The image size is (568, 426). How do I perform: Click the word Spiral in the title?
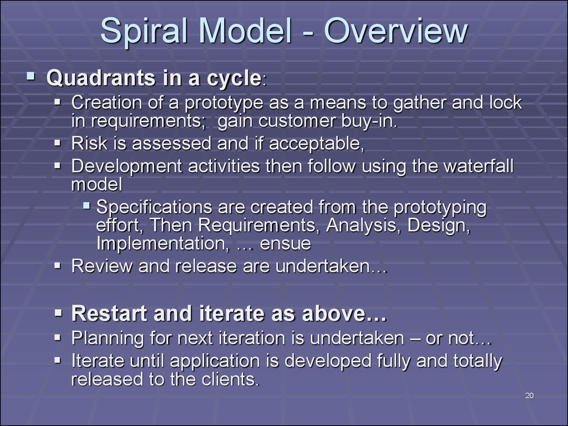click(144, 32)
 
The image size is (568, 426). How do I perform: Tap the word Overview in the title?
click(395, 31)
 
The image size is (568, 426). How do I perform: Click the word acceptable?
click(317, 144)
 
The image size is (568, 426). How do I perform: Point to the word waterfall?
click(478, 166)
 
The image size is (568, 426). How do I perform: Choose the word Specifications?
click(154, 207)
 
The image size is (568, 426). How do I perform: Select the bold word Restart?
click(109, 313)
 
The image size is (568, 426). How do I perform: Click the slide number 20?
click(529, 395)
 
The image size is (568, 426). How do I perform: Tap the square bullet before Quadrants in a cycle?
click(31, 76)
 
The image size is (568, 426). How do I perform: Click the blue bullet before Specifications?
click(86, 206)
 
